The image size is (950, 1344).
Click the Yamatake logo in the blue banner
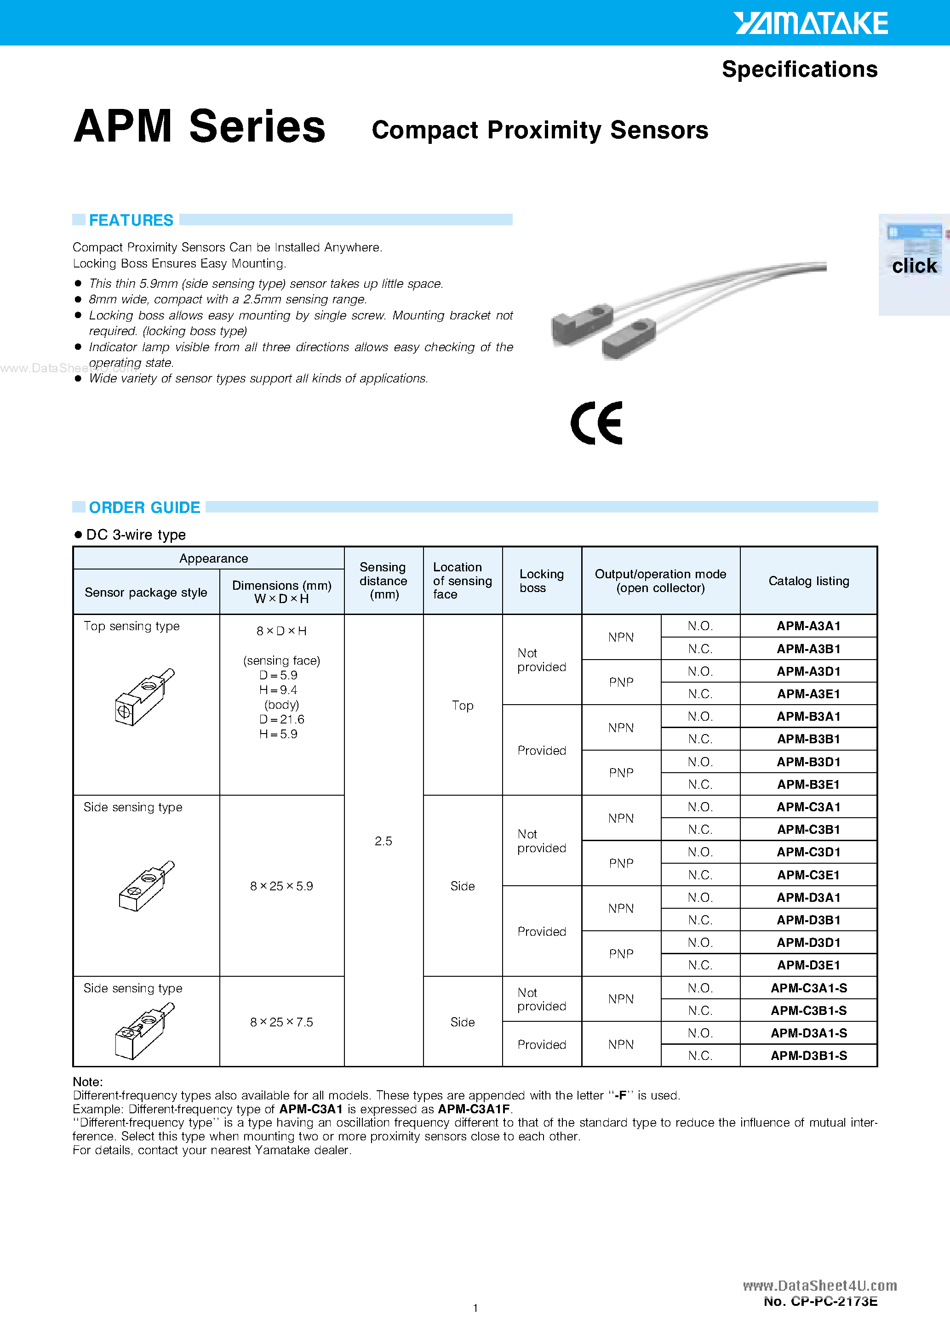point(811,23)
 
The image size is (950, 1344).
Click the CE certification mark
point(596,422)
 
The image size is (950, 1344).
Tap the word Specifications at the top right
point(800,69)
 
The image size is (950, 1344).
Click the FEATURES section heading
point(131,220)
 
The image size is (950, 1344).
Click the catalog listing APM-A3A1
point(808,626)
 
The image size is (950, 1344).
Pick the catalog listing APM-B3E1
point(808,785)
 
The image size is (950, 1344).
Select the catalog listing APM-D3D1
point(808,942)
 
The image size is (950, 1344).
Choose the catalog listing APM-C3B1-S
point(808,1010)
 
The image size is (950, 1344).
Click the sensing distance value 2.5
point(383,841)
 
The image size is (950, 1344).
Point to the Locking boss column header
point(541,581)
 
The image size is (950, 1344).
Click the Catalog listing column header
point(808,581)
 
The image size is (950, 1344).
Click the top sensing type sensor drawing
point(144,696)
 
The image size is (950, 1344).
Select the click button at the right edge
point(914,265)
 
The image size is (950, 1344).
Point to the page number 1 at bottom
point(475,1308)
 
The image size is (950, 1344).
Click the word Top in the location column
point(462,706)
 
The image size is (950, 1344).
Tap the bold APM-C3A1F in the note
point(475,1109)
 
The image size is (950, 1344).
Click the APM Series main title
point(199,126)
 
